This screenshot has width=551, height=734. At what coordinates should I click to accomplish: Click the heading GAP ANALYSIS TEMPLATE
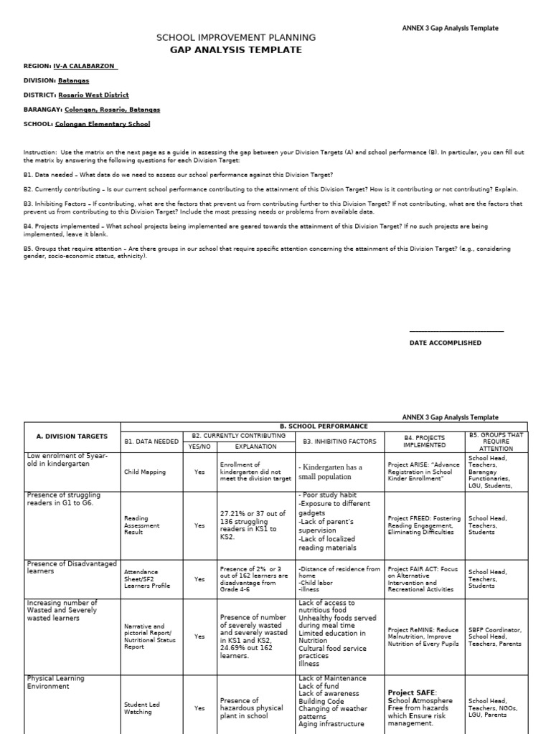235,50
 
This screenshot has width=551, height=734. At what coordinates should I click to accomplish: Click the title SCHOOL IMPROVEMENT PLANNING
235,37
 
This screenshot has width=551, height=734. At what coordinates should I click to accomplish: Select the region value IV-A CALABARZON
80,66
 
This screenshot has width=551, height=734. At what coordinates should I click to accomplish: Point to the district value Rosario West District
93,95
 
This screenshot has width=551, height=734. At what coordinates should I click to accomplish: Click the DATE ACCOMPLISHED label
446,343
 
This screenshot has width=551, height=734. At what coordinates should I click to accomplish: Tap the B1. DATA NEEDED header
151,442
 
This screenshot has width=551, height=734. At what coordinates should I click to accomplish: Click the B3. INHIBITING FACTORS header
339,442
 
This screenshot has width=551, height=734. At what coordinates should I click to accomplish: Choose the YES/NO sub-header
199,446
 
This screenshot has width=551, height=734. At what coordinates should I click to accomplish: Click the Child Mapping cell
145,472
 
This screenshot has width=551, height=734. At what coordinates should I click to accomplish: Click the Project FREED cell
425,525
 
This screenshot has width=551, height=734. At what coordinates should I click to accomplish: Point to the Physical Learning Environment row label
56,682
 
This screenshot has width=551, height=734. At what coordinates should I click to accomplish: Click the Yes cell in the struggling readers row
199,525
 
